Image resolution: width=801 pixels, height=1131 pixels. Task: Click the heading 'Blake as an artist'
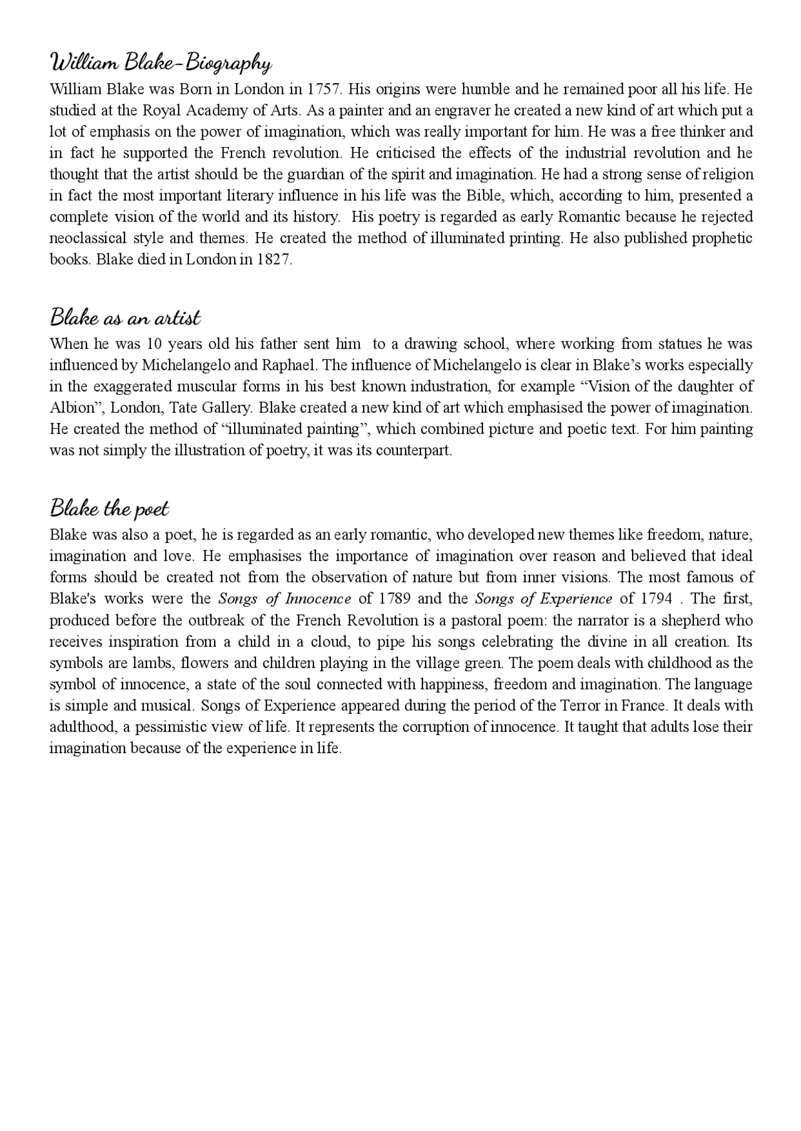click(125, 317)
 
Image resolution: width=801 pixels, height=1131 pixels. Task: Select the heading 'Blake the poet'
click(110, 508)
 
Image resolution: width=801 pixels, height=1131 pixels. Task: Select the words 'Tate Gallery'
click(210, 408)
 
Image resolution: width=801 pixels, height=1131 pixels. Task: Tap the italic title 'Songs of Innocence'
click(285, 599)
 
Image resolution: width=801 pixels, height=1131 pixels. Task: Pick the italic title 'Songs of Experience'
click(543, 599)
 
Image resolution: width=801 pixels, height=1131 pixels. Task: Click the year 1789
click(394, 599)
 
